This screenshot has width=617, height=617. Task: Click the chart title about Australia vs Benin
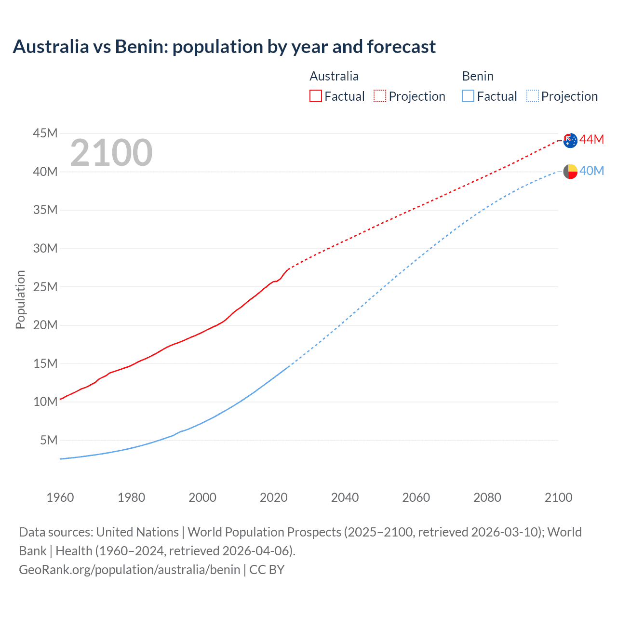coord(224,47)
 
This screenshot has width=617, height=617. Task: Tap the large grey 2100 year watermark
coord(111,153)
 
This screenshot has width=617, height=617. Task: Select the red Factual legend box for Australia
coord(316,96)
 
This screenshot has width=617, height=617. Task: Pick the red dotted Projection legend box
coord(380,96)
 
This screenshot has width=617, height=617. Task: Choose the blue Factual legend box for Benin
coord(468,96)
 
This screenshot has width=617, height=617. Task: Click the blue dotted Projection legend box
coord(533,96)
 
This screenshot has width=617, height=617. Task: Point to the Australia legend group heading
coord(334,76)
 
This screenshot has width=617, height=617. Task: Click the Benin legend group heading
coord(478,76)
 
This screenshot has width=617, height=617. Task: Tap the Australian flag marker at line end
coord(570,140)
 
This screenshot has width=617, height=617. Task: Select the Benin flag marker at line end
coord(570,171)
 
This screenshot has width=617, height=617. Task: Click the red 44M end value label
coord(591,139)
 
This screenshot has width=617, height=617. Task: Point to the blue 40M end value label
coord(591,171)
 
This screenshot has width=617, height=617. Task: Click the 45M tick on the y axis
coord(45,133)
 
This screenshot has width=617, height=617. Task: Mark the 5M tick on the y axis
coord(49,440)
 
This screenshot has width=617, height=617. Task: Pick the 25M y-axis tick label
coord(45,287)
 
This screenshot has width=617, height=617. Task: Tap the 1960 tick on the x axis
coord(60,497)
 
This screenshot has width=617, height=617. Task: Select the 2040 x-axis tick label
coord(345,497)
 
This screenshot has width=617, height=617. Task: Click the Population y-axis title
coord(20,299)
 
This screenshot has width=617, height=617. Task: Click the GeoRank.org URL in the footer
coord(129,570)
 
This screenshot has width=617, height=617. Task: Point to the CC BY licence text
coord(267,570)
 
